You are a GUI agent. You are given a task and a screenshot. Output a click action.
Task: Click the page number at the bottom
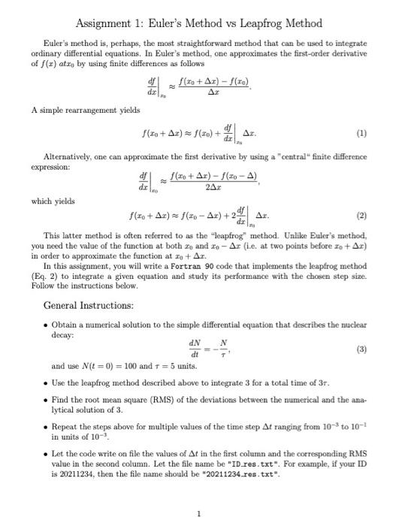(x=198, y=514)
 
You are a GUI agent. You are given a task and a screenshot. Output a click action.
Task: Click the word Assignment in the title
(x=104, y=24)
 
